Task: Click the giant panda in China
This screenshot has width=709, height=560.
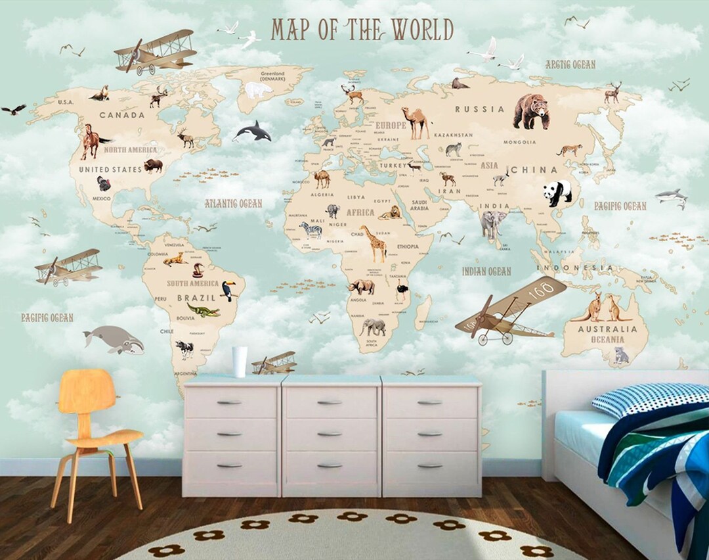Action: click(x=557, y=193)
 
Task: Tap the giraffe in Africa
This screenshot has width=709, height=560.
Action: click(x=376, y=243)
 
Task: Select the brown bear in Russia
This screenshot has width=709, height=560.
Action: click(x=531, y=110)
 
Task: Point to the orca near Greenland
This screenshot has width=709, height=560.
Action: click(x=253, y=131)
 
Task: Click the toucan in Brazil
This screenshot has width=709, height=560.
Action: click(x=228, y=290)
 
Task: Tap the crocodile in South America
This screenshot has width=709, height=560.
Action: click(x=203, y=310)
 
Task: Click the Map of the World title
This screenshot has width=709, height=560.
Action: click(x=362, y=30)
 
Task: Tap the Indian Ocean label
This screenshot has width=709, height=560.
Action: click(x=486, y=271)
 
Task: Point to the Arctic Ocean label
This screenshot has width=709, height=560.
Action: click(x=570, y=64)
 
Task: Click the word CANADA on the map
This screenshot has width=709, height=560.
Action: click(x=121, y=115)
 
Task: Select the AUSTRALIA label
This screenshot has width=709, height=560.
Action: click(x=607, y=329)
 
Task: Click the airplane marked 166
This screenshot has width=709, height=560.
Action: click(x=512, y=312)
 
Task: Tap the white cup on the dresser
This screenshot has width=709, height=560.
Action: click(x=240, y=362)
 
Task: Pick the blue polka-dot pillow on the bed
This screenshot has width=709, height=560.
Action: click(x=650, y=399)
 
